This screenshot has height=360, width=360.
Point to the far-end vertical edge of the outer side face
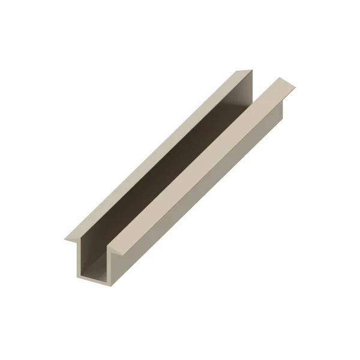(282, 114)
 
